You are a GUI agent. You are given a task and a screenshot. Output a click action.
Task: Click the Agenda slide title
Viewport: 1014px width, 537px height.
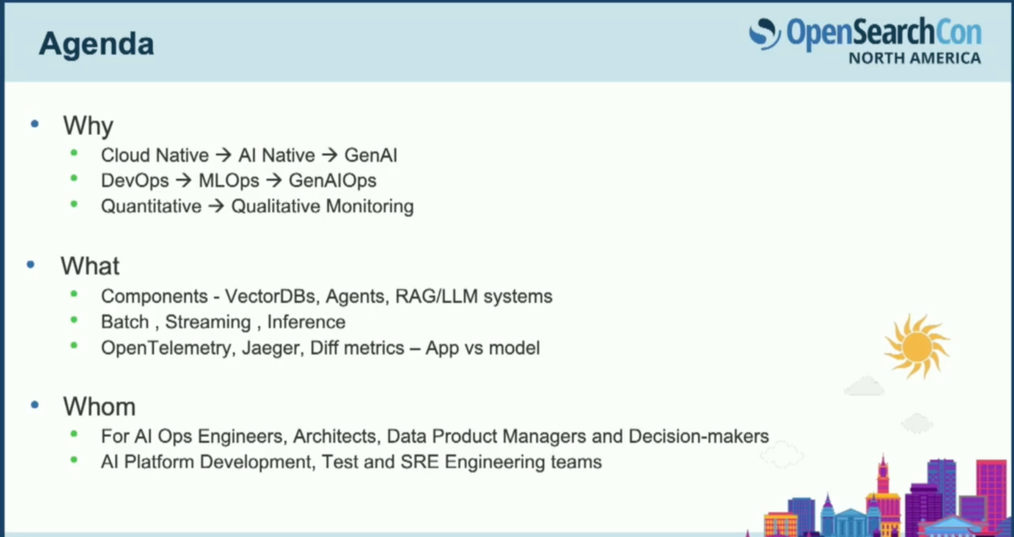point(96,45)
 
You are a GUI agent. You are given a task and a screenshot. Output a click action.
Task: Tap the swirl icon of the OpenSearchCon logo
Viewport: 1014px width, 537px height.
point(765,34)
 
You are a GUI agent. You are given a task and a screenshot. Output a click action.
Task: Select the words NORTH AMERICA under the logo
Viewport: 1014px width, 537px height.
point(915,58)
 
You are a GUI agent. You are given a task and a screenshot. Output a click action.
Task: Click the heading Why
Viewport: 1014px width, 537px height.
point(88,126)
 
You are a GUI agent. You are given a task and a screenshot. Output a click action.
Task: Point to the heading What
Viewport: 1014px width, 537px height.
point(90,266)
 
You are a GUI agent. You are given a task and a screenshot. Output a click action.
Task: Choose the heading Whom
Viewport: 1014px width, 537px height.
point(99,407)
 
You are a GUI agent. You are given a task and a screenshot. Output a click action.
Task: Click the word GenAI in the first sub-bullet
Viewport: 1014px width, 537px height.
point(371,156)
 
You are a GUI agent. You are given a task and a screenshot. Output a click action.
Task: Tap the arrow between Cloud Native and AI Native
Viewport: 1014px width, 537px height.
point(224,156)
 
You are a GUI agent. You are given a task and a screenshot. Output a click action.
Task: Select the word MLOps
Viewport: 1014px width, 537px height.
point(229,181)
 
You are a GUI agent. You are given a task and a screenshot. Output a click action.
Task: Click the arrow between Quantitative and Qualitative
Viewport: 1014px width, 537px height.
point(216,206)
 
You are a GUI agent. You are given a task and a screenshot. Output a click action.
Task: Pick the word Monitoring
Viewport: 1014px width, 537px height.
point(369,206)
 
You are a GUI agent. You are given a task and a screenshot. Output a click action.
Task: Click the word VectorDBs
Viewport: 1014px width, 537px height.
point(270,296)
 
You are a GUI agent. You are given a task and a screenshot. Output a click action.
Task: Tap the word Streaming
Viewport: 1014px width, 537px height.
point(208,322)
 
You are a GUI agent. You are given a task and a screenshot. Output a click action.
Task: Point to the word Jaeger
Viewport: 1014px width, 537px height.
point(273,348)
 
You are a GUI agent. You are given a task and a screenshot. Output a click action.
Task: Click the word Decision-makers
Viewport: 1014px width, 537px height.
point(699,436)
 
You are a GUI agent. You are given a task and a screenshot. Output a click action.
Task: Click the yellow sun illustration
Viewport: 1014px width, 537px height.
point(917,347)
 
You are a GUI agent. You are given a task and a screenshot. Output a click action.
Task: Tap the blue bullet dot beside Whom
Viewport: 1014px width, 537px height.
point(35,405)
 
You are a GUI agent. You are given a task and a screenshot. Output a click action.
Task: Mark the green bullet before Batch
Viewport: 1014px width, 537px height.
point(74,321)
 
